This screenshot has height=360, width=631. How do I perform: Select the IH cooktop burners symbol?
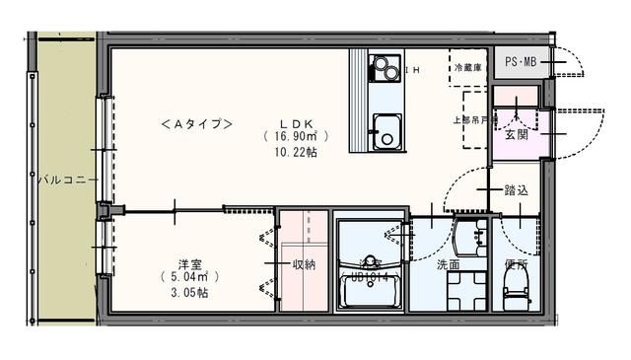pyautogui.click(x=382, y=69)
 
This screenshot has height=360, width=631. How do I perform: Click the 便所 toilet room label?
pyautogui.click(x=516, y=263)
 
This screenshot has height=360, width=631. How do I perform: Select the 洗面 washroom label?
pyautogui.click(x=448, y=263)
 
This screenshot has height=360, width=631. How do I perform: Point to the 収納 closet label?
pyautogui.click(x=303, y=263)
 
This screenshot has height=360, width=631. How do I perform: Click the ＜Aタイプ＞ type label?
pyautogui.click(x=196, y=124)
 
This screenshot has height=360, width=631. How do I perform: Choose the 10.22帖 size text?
pyautogui.click(x=296, y=154)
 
